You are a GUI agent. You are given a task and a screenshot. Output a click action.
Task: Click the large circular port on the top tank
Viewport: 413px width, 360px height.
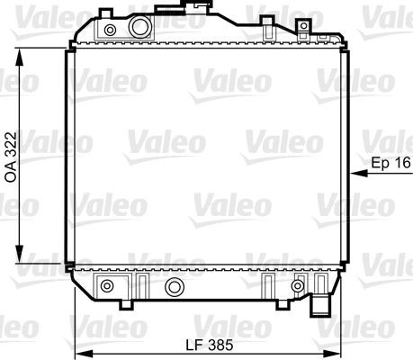[x=139, y=28]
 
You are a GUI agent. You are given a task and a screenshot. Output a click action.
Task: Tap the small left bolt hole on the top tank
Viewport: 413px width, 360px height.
[x=110, y=31]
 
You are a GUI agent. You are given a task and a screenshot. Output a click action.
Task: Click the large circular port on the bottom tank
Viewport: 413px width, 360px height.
[x=175, y=287]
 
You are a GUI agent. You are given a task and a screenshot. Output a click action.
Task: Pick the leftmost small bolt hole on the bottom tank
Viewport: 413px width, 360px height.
[x=108, y=287]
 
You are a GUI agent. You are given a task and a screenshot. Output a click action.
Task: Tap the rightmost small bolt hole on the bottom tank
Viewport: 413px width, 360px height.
[x=297, y=286]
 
